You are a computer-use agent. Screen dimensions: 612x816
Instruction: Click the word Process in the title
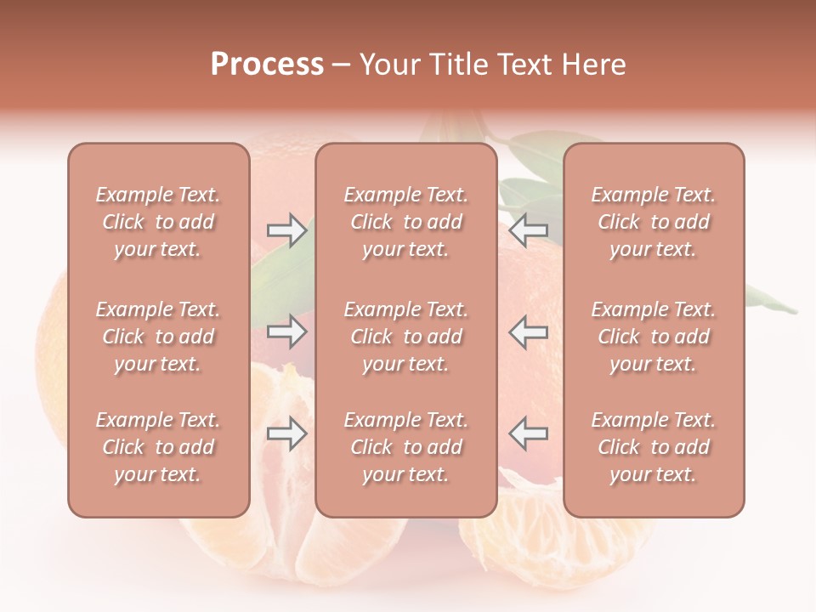(x=267, y=65)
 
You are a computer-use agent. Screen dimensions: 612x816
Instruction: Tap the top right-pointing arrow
(x=287, y=229)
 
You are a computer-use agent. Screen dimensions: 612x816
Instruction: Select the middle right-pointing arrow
(x=287, y=331)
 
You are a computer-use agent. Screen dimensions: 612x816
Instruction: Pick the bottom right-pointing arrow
(x=287, y=433)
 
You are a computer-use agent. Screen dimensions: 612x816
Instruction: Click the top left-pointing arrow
(x=528, y=229)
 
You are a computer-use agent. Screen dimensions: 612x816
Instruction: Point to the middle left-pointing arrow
(x=528, y=331)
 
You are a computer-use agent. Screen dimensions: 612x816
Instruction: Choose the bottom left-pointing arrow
(x=528, y=433)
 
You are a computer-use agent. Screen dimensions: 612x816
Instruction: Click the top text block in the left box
(x=158, y=222)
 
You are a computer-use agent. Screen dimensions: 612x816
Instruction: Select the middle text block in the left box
(x=158, y=337)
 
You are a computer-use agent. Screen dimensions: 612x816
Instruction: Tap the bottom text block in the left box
(x=158, y=447)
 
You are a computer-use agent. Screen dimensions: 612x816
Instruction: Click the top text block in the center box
(x=406, y=222)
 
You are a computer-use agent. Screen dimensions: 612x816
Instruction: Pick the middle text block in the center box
(x=406, y=337)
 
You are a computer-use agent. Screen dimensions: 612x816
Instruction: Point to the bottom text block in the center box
(x=406, y=447)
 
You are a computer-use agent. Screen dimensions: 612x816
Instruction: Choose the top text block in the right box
(x=654, y=222)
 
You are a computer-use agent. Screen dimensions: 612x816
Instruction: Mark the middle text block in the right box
(x=654, y=337)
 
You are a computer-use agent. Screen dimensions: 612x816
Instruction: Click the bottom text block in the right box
(x=654, y=447)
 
